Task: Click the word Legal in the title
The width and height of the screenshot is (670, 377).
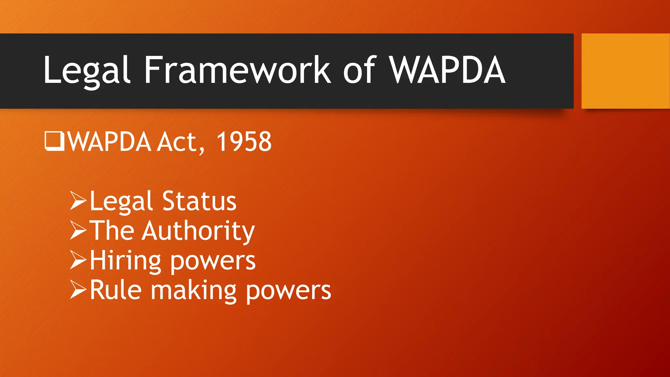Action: (87, 70)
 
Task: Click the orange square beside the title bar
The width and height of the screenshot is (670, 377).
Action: (625, 71)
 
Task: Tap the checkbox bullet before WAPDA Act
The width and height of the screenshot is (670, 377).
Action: (54, 141)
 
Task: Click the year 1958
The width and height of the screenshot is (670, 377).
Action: (244, 141)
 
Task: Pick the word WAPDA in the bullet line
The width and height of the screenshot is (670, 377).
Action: (110, 142)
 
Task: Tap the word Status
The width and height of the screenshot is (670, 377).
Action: (199, 201)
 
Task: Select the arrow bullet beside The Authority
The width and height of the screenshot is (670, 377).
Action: (78, 230)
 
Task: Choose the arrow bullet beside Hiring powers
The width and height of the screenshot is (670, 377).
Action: (78, 260)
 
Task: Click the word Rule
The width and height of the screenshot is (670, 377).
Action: (116, 290)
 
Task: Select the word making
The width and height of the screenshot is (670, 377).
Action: (193, 291)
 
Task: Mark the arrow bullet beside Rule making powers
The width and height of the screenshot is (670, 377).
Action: (78, 290)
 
